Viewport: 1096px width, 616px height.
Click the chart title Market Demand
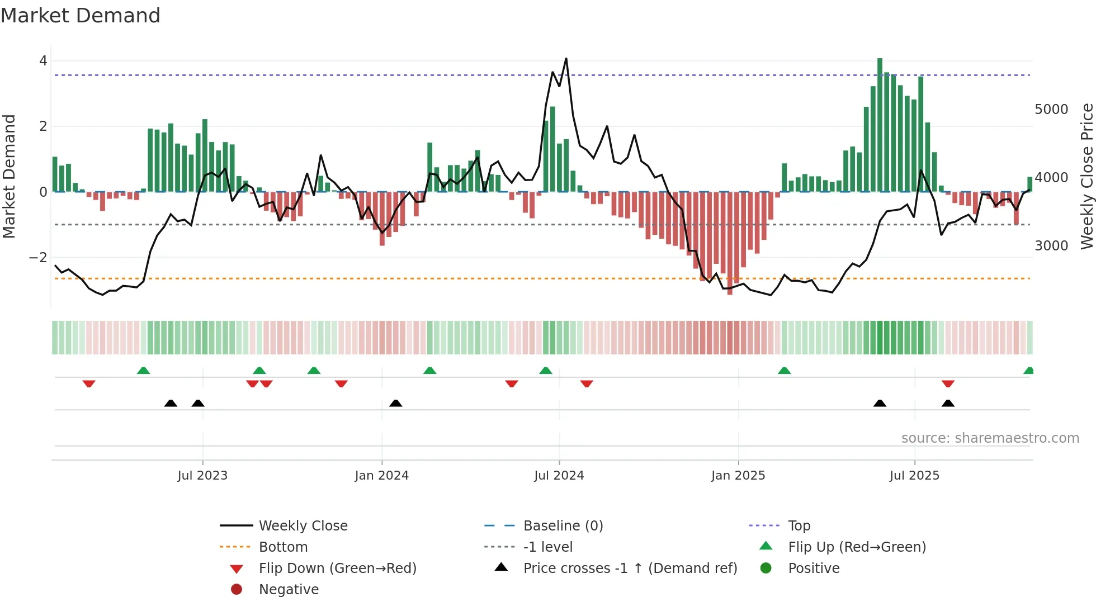[x=81, y=16]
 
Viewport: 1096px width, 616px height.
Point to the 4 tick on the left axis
[x=43, y=61]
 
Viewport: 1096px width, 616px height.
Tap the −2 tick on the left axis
[x=39, y=258]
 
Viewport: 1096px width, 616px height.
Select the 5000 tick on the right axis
[x=1051, y=110]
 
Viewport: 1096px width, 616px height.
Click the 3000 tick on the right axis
[x=1051, y=246]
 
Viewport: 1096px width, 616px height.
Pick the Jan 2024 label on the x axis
[x=381, y=476]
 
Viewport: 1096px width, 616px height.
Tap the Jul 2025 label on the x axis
[x=914, y=476]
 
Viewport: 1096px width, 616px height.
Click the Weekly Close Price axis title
[x=1086, y=176]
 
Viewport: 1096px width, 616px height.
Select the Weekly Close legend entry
[x=303, y=526]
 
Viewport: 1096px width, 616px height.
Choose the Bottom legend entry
[x=283, y=547]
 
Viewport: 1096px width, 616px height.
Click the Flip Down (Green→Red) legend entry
[x=337, y=568]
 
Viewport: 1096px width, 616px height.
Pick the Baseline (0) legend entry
[x=563, y=526]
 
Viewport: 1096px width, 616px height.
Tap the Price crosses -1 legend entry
[x=630, y=568]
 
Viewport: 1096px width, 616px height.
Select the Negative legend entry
[x=289, y=590]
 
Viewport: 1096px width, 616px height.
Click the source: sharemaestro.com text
[x=990, y=438]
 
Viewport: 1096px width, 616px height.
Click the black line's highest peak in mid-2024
[x=566, y=59]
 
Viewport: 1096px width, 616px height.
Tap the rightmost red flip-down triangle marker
[x=947, y=383]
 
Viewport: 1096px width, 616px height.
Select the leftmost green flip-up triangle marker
[x=143, y=371]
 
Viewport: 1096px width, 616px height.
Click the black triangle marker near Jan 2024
[x=395, y=403]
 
